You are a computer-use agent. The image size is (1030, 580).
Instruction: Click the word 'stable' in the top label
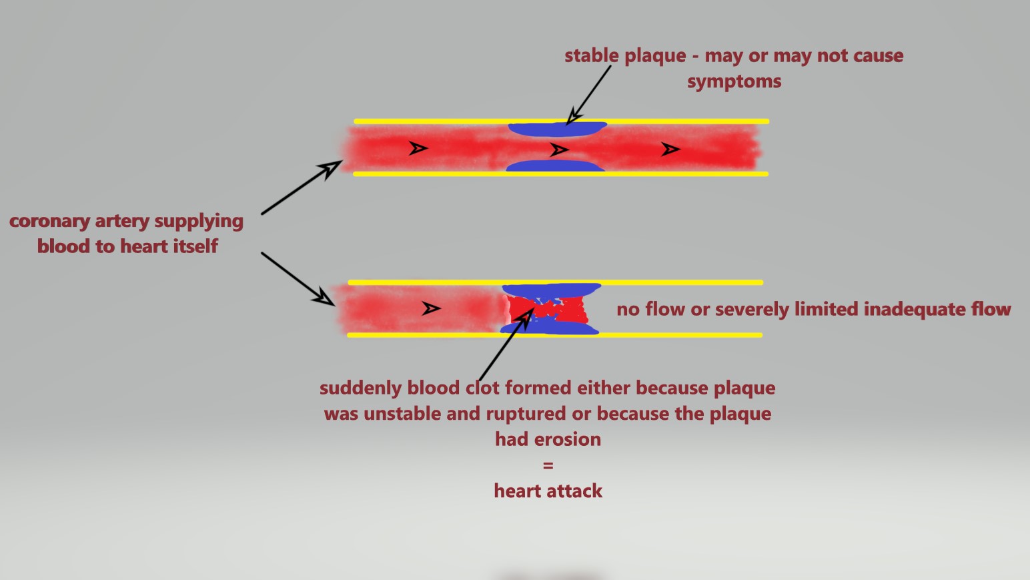(x=592, y=55)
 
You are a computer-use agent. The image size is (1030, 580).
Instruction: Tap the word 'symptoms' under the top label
(x=734, y=82)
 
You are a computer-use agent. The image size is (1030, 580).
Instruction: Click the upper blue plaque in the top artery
(x=557, y=129)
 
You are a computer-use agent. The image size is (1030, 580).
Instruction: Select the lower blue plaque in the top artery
(x=556, y=166)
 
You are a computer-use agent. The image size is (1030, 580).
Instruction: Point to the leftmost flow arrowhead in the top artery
(x=418, y=148)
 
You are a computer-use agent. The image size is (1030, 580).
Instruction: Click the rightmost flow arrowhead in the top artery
(x=670, y=149)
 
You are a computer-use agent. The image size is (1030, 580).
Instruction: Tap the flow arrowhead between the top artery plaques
(x=559, y=150)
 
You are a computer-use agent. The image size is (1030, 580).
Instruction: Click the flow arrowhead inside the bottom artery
(x=432, y=308)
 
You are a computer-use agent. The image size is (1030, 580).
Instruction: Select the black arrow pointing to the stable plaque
(x=588, y=95)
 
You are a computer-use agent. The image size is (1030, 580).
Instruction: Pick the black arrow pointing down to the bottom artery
(x=298, y=279)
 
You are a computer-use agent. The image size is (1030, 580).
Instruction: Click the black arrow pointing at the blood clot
(x=506, y=344)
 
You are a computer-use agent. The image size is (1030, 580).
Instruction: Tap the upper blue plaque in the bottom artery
(x=551, y=290)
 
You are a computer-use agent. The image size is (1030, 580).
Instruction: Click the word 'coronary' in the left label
(x=49, y=222)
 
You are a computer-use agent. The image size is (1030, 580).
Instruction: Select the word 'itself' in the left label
(x=195, y=246)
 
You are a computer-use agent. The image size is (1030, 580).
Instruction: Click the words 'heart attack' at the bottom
(x=548, y=491)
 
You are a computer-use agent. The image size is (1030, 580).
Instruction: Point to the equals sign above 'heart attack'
(x=548, y=465)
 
